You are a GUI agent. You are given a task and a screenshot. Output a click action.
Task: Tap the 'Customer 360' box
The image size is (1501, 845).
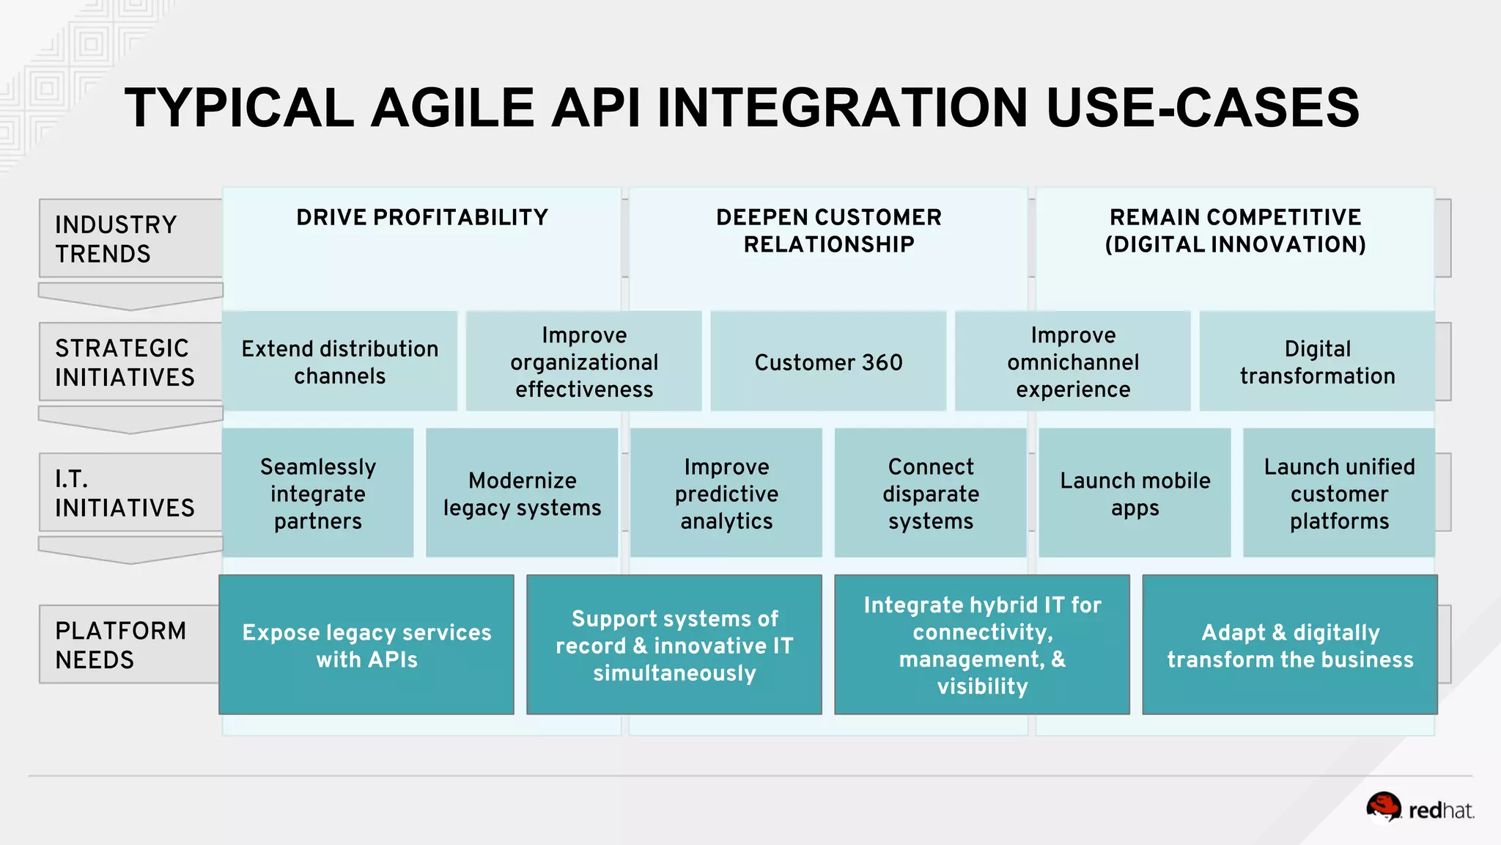[x=828, y=362]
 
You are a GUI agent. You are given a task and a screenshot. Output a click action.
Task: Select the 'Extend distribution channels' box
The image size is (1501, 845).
[x=340, y=362]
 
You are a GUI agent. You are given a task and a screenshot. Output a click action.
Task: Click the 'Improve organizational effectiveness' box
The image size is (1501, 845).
[x=584, y=362]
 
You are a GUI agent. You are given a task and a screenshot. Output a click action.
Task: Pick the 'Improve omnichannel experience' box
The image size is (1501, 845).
[x=1073, y=362]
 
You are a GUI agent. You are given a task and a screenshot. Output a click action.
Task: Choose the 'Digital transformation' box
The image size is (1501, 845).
[x=1317, y=362]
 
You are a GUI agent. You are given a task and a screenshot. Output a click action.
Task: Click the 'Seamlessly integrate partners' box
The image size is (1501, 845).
[x=318, y=493]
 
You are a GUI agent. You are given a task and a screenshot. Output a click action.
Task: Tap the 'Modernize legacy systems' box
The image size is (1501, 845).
[x=522, y=493]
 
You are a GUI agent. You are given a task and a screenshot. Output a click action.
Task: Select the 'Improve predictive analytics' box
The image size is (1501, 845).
[x=726, y=493]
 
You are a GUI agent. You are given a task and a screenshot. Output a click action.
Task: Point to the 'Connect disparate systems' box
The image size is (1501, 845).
[x=931, y=493]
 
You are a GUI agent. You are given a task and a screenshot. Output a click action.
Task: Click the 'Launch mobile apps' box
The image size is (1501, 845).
[x=1135, y=493]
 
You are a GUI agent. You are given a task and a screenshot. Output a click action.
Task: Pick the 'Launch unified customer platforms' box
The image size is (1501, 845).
[x=1339, y=493]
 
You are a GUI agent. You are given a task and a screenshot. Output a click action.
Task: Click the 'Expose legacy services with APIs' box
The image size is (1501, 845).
[x=366, y=645]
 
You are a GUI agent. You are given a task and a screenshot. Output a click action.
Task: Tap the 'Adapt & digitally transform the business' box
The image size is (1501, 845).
[x=1290, y=645]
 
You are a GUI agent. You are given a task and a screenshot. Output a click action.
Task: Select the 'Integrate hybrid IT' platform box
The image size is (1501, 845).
[x=982, y=645]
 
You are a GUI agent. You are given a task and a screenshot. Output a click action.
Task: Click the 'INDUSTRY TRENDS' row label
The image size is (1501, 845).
[x=117, y=239]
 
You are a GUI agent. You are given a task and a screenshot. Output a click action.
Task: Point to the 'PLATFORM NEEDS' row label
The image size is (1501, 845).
[x=122, y=645]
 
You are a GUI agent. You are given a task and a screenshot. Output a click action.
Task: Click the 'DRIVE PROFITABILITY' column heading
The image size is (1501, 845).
[x=422, y=218]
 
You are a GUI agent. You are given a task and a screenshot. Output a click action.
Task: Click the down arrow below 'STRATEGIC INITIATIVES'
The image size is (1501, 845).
[x=130, y=420]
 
